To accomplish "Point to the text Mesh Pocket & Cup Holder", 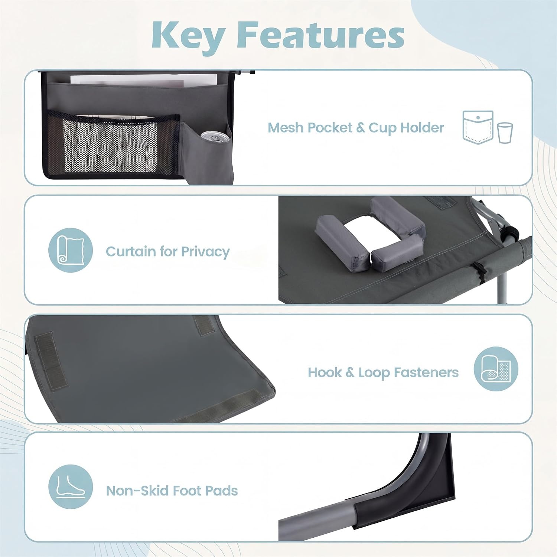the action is (356, 128).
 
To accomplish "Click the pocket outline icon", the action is (478, 127).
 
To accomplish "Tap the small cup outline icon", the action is (505, 133).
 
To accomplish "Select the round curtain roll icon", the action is (71, 250).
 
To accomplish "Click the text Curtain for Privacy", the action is (168, 251).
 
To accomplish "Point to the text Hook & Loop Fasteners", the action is (383, 372).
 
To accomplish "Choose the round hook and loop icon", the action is (496, 369).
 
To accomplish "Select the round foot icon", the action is (71, 486).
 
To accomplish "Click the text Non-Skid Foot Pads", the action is (172, 491).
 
